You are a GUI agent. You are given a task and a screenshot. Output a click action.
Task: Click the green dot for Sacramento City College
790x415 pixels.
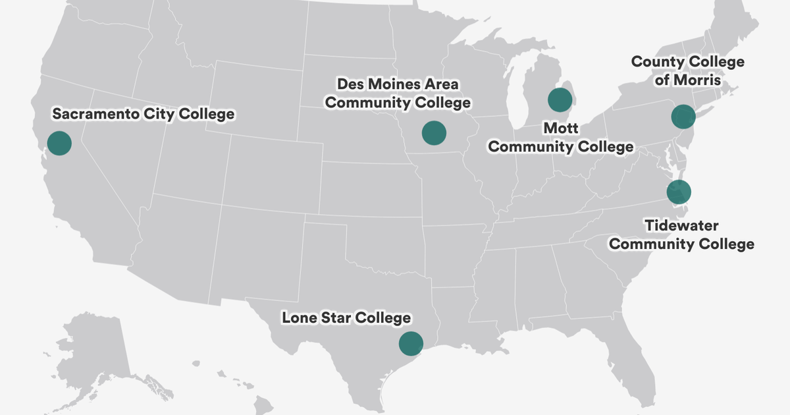coord(59,143)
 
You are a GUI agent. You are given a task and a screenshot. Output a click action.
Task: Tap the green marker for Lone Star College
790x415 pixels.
coord(411,343)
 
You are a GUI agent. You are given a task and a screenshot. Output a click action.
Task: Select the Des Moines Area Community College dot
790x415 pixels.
coord(434,133)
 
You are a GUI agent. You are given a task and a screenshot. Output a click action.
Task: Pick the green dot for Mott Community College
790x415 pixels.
coord(560,100)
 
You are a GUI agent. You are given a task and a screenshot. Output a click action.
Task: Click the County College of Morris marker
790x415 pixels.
coord(683,117)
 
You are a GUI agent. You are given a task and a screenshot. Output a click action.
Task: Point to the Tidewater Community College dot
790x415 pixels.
coord(678,192)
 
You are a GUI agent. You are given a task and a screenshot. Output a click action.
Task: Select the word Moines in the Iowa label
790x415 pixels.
coord(390,84)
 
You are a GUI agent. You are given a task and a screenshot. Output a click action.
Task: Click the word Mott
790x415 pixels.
coord(560,127)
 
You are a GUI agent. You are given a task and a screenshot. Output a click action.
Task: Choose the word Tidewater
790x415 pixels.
coord(681,226)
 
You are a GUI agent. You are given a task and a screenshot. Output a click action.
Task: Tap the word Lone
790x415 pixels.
coord(300,318)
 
